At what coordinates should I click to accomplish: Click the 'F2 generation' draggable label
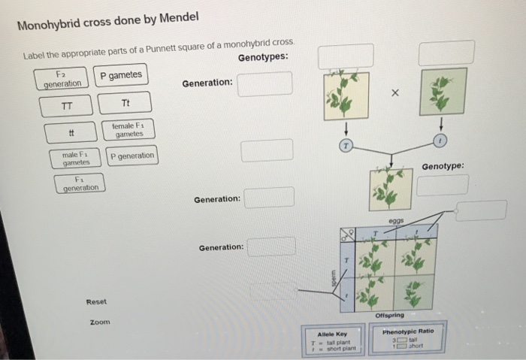(x=62, y=78)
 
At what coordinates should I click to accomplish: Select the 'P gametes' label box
(x=120, y=75)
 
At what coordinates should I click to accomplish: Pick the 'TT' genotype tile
(x=67, y=105)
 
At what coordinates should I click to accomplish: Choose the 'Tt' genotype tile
(x=125, y=102)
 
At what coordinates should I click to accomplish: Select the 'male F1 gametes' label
(x=76, y=159)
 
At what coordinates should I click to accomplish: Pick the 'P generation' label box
(x=131, y=156)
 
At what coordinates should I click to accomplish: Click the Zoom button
(x=100, y=322)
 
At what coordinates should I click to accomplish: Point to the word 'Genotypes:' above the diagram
(x=262, y=59)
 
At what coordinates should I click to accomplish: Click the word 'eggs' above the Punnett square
(x=398, y=221)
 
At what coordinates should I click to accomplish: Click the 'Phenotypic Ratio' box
(x=408, y=340)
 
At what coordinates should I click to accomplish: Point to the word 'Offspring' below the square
(x=389, y=315)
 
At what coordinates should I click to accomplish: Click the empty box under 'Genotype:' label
(x=443, y=185)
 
